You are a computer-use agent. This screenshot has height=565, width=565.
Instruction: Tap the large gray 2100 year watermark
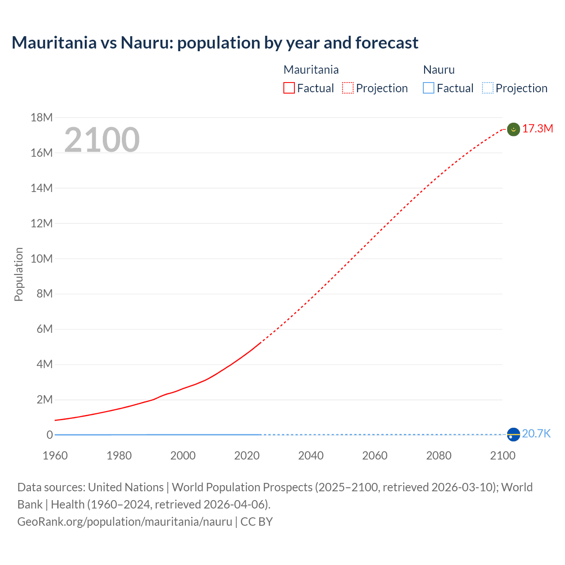pos(102,140)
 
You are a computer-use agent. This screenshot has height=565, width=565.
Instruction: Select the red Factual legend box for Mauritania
pos(289,88)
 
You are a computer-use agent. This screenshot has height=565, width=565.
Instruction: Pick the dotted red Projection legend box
pos(348,88)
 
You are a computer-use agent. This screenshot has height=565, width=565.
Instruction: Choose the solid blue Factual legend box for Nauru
pos(428,88)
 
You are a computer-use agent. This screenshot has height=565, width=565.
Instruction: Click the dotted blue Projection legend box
pos(487,88)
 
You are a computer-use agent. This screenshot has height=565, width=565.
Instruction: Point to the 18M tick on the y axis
pos(41,117)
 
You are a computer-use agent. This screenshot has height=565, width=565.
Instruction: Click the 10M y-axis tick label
pos(41,259)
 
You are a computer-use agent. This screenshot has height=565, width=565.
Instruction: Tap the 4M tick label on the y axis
pos(44,365)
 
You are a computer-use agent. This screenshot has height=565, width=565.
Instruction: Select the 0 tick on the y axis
pos(49,435)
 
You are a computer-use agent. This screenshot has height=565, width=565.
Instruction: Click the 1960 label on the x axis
pos(55,456)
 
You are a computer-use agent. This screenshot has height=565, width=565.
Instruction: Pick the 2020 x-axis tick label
pos(247,456)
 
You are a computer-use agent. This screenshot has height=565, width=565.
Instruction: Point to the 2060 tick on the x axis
pos(375,456)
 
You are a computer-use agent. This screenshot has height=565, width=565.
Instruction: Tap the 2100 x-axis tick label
pos(502,456)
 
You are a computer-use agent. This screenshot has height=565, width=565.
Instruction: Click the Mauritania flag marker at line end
pos(513,129)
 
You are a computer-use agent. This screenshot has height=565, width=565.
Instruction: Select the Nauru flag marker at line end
pos(513,434)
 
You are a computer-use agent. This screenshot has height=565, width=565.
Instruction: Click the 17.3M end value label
pos(538,129)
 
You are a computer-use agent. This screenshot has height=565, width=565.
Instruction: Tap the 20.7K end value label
pos(536,434)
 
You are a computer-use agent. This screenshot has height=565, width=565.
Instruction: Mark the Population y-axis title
pos(19,274)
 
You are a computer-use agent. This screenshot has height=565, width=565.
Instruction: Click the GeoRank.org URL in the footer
pos(124,522)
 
